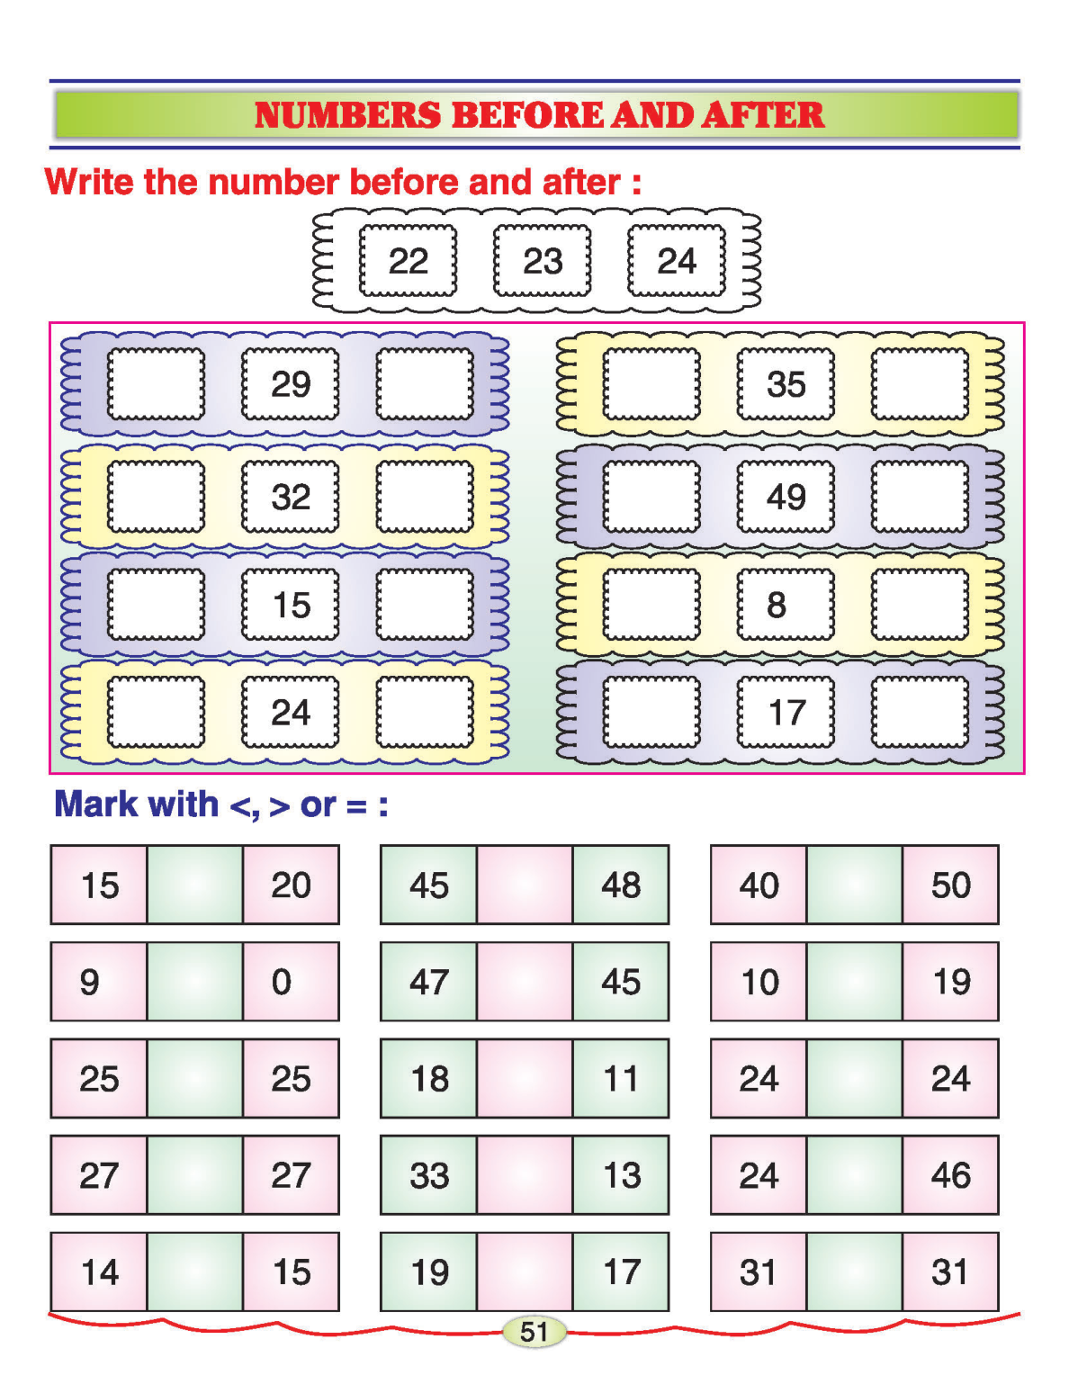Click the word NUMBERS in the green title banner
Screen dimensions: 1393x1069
347,115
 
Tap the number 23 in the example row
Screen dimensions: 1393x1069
543,261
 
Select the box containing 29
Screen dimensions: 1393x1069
291,384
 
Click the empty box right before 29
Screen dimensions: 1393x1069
156,384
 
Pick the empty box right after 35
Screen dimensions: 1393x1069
920,384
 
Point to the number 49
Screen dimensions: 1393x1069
786,497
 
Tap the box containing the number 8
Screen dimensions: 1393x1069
786,605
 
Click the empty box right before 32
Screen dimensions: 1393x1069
156,497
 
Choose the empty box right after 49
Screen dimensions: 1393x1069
920,497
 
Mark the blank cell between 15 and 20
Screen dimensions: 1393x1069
194,885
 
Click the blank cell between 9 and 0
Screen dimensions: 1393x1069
194,982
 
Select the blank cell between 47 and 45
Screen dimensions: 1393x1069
525,982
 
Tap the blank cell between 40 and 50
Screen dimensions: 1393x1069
855,885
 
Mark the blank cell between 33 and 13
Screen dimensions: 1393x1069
525,1175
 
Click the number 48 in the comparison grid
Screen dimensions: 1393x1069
621,885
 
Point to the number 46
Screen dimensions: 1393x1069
951,1175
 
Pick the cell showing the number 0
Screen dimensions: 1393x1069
290,982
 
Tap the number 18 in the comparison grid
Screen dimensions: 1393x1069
429,1079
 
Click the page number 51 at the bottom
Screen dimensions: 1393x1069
534,1332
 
